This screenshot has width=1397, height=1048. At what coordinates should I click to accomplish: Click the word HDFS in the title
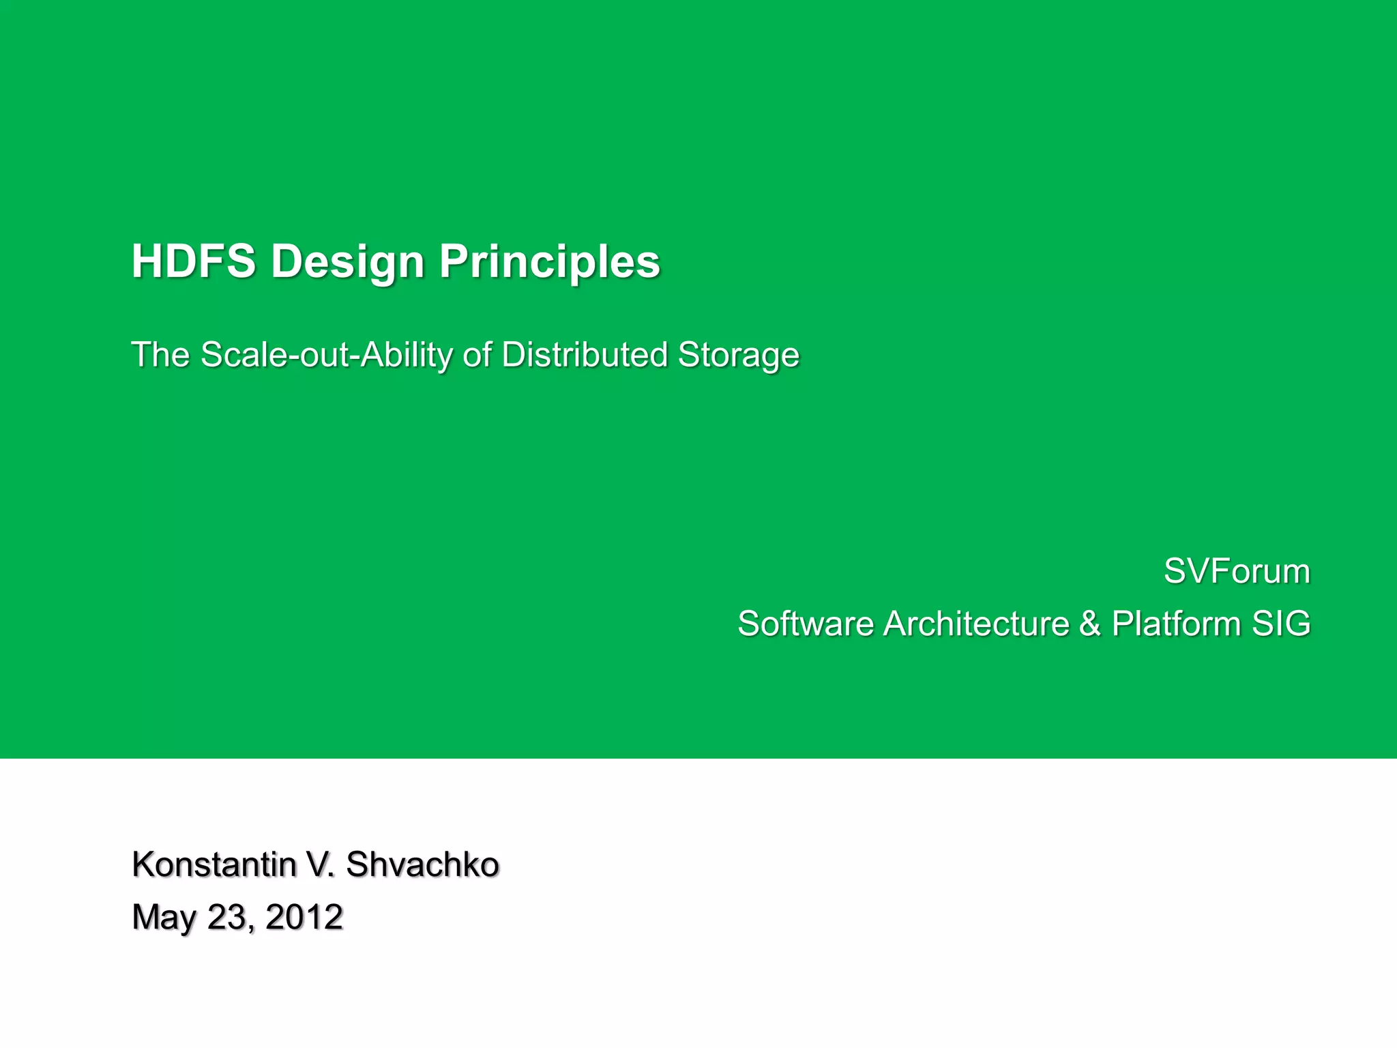tap(194, 261)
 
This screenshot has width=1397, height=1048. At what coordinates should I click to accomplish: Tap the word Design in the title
tap(348, 261)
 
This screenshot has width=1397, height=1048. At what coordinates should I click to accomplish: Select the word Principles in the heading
tap(550, 261)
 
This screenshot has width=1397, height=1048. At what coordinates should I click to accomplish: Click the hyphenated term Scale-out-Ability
tap(327, 355)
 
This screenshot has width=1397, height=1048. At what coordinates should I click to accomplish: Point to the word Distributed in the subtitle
tap(585, 355)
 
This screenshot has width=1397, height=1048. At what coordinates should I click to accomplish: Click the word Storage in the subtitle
tap(738, 355)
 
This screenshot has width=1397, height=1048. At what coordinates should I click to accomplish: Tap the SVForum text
tap(1237, 571)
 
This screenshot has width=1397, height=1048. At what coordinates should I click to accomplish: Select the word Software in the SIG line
tap(806, 624)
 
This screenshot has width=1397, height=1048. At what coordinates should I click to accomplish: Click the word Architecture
tap(976, 624)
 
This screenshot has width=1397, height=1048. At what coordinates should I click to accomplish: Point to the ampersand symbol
tap(1090, 624)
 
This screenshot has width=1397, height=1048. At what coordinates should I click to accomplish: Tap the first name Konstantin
tap(214, 864)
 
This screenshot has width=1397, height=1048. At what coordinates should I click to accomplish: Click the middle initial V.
tap(320, 864)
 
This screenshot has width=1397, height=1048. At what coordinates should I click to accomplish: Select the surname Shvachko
tap(422, 864)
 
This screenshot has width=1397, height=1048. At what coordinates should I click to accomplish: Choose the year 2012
tap(304, 917)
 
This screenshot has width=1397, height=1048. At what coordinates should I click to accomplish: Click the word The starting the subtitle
tap(160, 355)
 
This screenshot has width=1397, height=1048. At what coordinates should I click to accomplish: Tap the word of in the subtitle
tap(477, 355)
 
